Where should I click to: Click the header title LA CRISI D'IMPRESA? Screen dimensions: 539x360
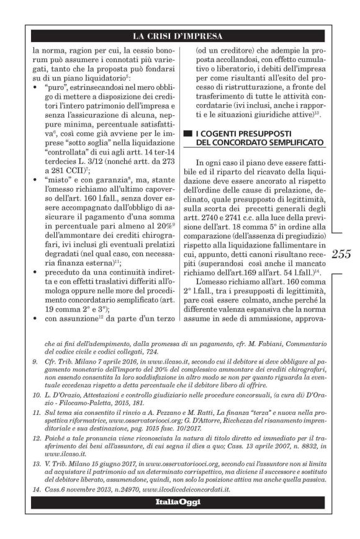pos(180,36)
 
